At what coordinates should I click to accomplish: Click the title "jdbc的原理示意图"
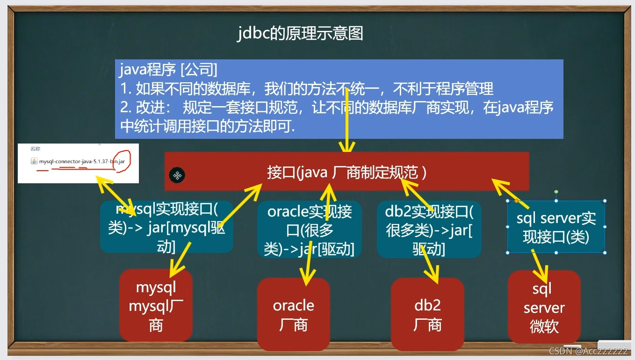pyautogui.click(x=300, y=34)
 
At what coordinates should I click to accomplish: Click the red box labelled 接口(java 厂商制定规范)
pyautogui.click(x=346, y=172)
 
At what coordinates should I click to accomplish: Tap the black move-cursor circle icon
pyautogui.click(x=177, y=175)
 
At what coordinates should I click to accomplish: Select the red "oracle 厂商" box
pyautogui.click(x=293, y=314)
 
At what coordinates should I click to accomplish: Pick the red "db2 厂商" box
pyautogui.click(x=427, y=314)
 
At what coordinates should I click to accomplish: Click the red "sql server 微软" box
pyautogui.click(x=544, y=307)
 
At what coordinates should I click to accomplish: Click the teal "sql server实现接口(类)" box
pyautogui.click(x=556, y=227)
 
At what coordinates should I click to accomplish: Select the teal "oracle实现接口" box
pyautogui.click(x=309, y=229)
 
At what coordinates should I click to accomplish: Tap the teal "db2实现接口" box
pyautogui.click(x=429, y=229)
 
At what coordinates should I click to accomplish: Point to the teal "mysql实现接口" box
pyautogui.click(x=166, y=227)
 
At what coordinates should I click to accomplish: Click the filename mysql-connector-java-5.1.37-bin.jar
pyautogui.click(x=82, y=161)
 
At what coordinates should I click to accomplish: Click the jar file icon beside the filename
pyautogui.click(x=34, y=161)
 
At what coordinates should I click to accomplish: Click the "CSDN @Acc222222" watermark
pyautogui.click(x=588, y=351)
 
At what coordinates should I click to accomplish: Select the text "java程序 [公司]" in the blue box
pyautogui.click(x=168, y=70)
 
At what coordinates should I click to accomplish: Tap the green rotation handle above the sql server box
pyautogui.click(x=556, y=192)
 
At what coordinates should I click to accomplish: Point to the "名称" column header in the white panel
pyautogui.click(x=36, y=149)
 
